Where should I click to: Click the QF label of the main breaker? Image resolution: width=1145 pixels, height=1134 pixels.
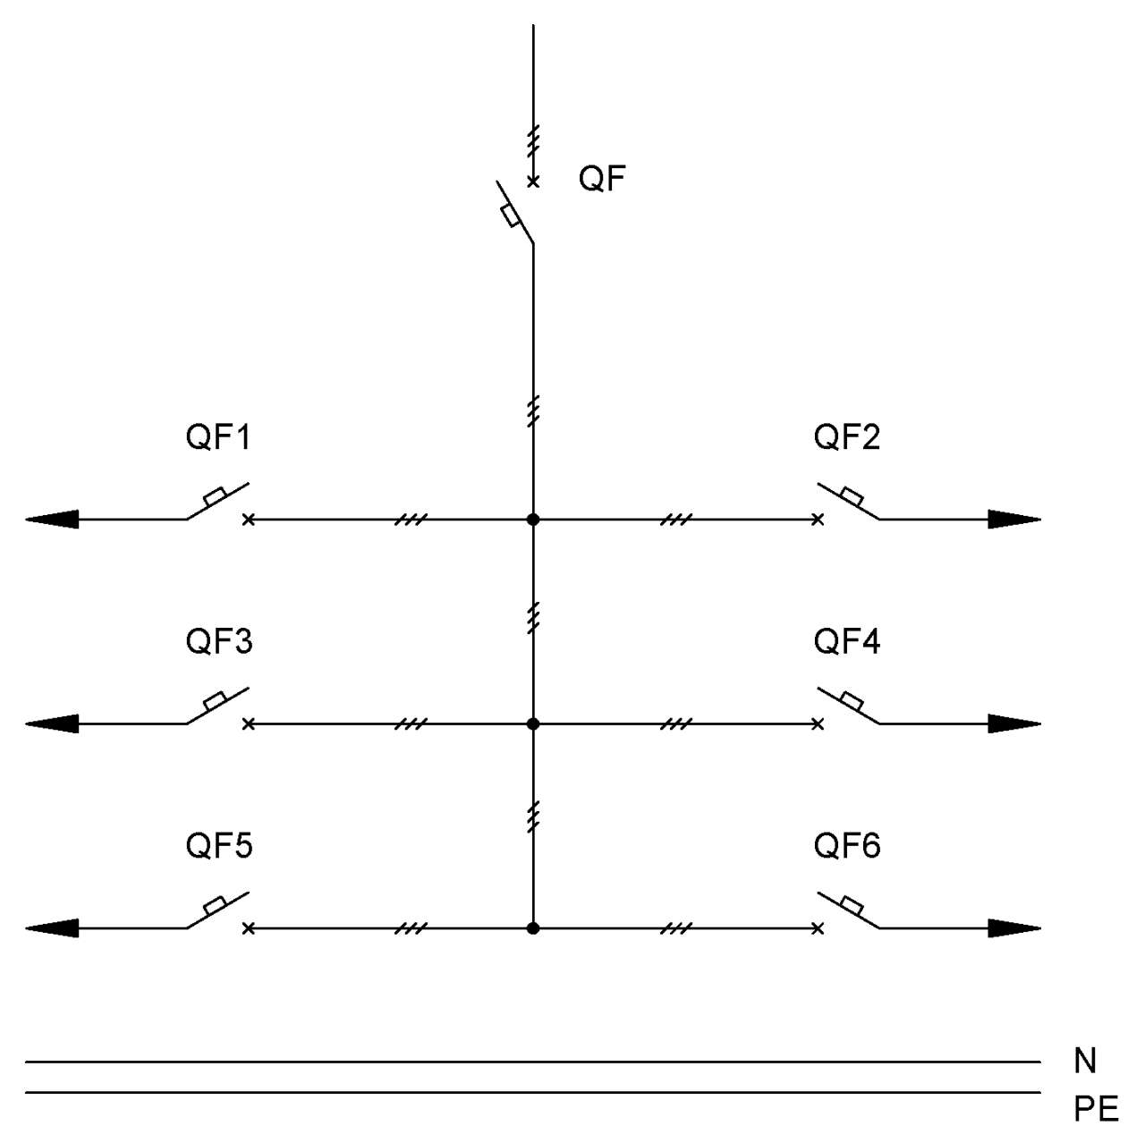[x=601, y=178]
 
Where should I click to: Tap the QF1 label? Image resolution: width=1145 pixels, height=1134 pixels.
[x=218, y=436]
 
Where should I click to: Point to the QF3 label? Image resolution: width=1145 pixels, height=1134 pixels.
[x=218, y=641]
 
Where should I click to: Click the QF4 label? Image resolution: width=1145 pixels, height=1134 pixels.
[x=846, y=641]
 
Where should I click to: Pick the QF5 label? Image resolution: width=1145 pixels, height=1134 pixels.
[x=218, y=845]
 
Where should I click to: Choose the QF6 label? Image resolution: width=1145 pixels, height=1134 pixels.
[x=846, y=845]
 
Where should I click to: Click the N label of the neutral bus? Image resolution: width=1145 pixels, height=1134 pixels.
[x=1084, y=1061]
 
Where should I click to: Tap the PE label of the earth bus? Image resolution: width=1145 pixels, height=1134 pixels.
[x=1095, y=1108]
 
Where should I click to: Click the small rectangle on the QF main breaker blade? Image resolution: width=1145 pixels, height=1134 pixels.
[x=511, y=216]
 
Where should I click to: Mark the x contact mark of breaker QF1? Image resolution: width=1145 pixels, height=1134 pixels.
[x=249, y=520]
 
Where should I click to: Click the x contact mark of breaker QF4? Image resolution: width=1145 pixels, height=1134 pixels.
[x=818, y=724]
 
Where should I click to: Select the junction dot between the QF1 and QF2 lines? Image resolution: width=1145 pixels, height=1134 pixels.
[x=533, y=520]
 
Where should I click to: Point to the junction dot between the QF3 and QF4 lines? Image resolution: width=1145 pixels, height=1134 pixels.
[x=533, y=724]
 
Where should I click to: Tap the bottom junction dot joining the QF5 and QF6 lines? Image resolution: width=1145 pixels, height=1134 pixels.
[x=533, y=927]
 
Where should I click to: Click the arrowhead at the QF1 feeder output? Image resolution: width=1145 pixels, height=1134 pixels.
[x=52, y=520]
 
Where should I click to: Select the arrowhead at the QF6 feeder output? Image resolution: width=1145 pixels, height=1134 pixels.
[x=1014, y=927]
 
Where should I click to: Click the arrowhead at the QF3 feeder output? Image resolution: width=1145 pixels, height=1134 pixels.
[x=52, y=724]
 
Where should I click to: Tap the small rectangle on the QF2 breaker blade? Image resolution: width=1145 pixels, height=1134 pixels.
[x=852, y=495]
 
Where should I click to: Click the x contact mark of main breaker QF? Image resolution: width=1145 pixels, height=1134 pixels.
[x=533, y=182]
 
